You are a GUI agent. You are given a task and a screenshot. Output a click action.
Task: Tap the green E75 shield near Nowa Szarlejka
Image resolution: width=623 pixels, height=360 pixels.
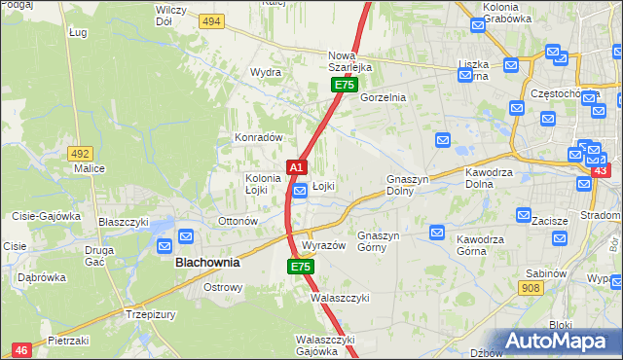coord(344,86)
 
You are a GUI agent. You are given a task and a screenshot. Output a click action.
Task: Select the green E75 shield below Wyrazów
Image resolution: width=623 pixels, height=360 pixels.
coord(300,266)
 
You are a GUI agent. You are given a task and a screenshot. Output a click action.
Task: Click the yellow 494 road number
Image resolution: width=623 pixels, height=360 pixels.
coord(210,20)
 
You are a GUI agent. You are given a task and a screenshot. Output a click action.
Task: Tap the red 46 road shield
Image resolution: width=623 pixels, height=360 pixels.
coord(21,349)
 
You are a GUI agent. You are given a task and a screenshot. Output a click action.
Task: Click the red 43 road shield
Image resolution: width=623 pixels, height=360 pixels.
coord(600,171)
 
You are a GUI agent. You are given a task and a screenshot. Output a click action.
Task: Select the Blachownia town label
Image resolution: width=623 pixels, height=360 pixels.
coord(207,263)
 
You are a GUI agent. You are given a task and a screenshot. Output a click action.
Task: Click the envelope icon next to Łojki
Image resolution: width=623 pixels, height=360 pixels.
coord(301,192)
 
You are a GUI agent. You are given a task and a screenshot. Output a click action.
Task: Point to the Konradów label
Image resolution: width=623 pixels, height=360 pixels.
coord(258,137)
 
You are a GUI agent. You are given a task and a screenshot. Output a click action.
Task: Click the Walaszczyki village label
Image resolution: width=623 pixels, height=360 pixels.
coord(339,299)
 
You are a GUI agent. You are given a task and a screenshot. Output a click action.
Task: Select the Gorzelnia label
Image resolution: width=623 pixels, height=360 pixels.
coord(383,98)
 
